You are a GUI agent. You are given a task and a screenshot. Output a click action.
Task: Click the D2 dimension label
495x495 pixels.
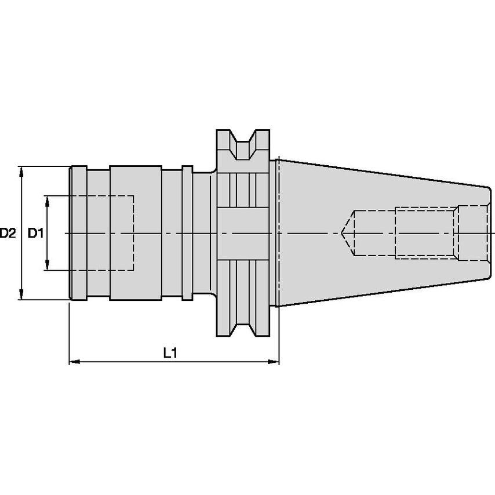coord(8,233)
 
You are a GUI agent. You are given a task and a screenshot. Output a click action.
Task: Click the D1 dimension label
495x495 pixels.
coord(35,233)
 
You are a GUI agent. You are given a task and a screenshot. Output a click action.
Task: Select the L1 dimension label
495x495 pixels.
coord(170,353)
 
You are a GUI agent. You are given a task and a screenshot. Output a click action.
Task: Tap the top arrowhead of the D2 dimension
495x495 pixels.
coord(21,171)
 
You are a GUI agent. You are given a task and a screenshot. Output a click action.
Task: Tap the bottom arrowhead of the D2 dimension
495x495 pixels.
coord(21,294)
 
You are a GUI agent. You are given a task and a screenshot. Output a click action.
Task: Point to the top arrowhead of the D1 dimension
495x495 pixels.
coord(48,201)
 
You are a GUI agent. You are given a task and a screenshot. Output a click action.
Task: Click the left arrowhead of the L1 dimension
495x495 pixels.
coord(75,362)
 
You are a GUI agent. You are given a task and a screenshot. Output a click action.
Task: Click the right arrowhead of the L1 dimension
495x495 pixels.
coord(274,362)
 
